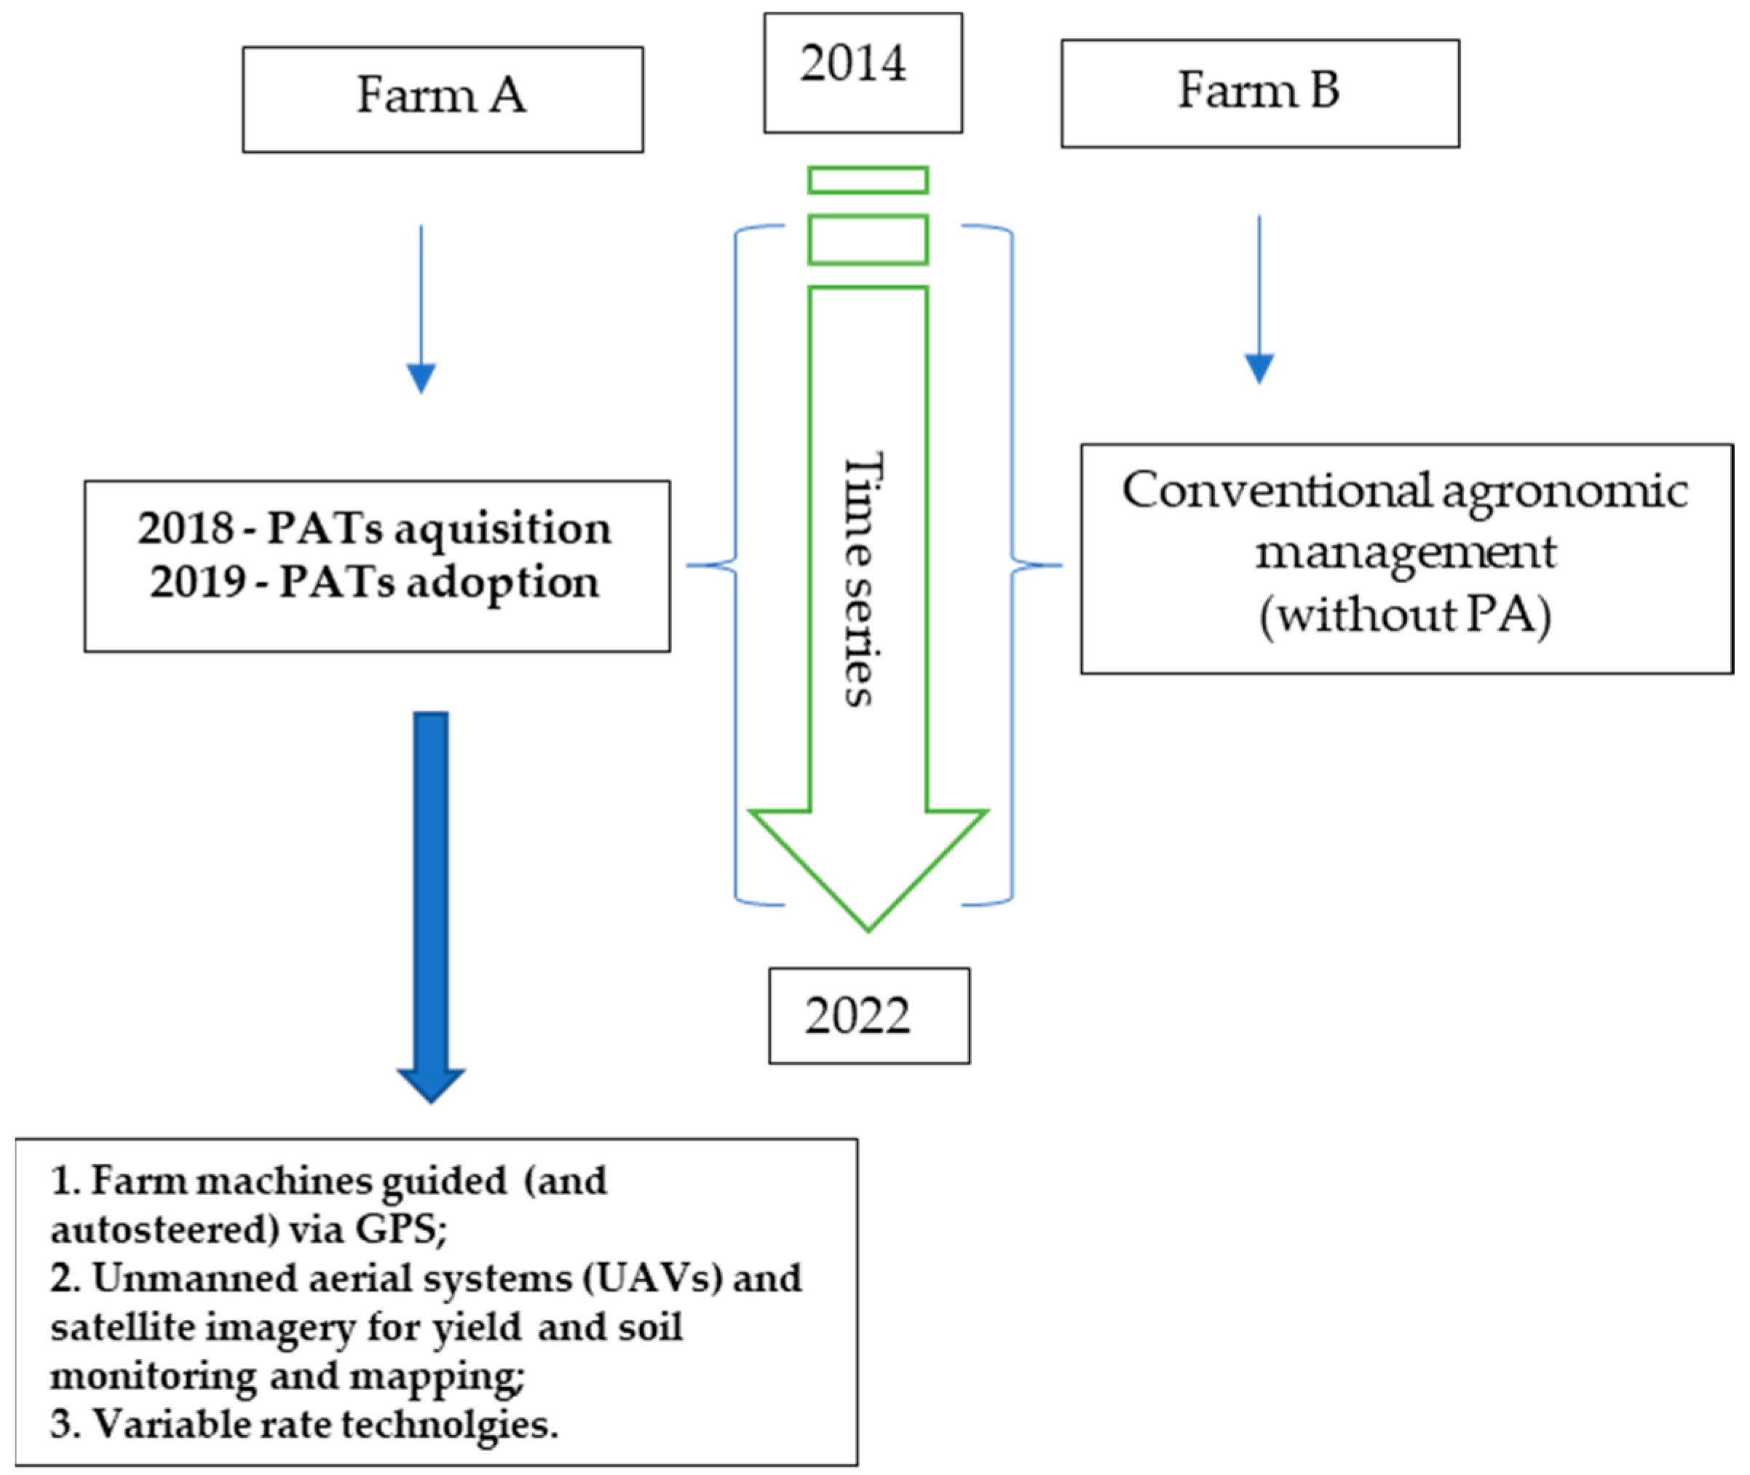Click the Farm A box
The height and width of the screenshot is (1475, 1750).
[x=443, y=99]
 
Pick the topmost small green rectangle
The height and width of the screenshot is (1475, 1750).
[x=868, y=180]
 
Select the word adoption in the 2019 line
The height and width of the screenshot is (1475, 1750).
[x=502, y=584]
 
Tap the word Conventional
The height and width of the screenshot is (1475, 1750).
[x=1276, y=490]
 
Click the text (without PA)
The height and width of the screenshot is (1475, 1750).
[x=1405, y=616]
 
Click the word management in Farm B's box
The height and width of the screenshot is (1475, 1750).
[x=1405, y=553]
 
